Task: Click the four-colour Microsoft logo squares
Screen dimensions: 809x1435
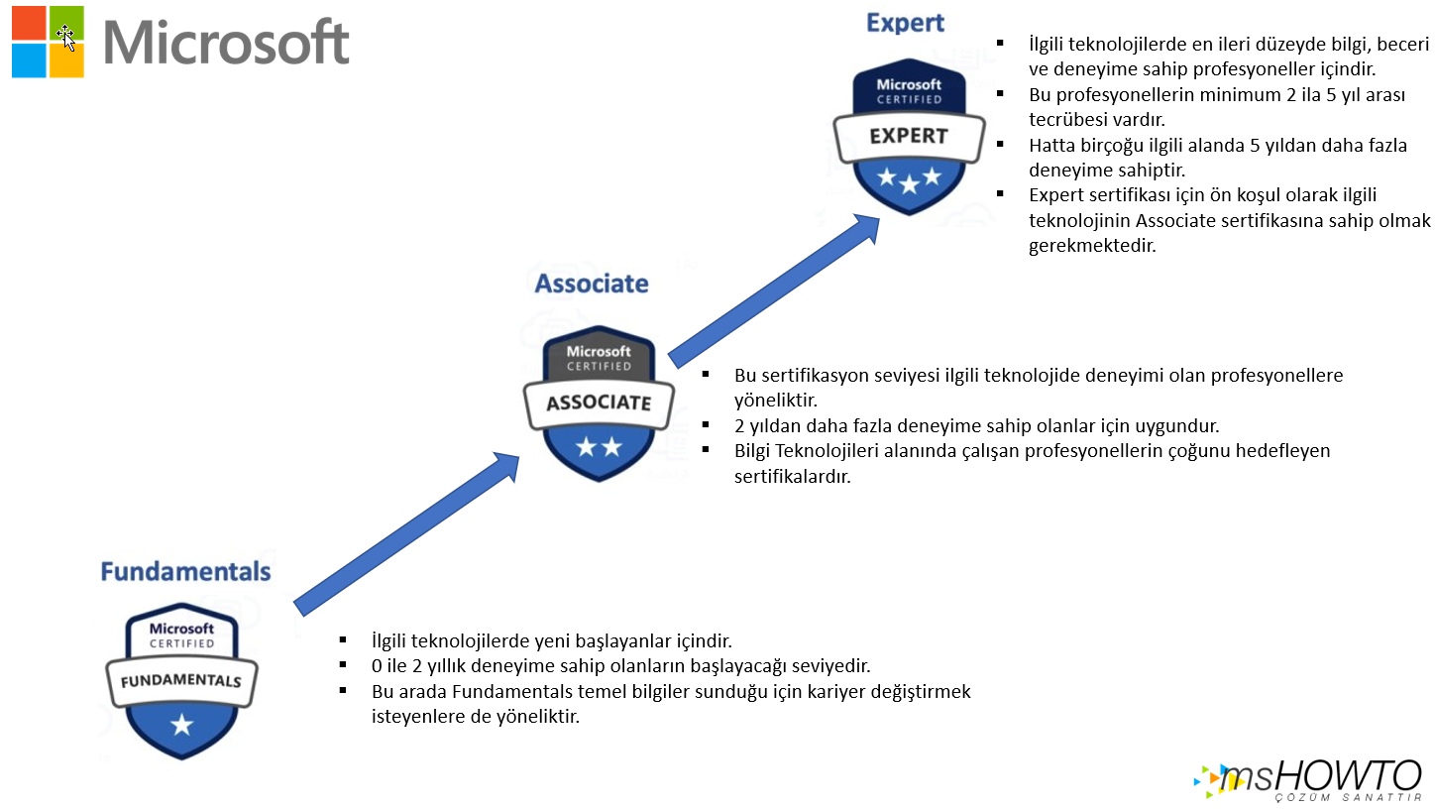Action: (48, 42)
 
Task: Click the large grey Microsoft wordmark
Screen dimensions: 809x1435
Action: (226, 42)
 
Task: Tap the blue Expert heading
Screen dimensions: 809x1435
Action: (905, 23)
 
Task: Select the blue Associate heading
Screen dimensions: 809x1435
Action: (592, 285)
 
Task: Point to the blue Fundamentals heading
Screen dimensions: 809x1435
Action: (185, 572)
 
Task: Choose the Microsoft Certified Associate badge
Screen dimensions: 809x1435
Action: (598, 403)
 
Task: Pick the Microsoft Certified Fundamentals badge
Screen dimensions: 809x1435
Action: (180, 680)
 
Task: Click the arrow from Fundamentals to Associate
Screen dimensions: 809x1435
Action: (407, 530)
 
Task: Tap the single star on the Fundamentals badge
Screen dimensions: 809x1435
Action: (181, 726)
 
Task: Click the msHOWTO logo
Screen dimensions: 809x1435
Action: (1309, 779)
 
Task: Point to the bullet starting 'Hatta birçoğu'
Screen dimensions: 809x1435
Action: (1218, 157)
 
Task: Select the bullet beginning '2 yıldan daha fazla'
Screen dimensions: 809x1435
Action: (976, 426)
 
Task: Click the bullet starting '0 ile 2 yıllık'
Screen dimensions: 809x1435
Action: (620, 665)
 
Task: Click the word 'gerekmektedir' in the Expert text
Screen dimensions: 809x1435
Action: (1092, 245)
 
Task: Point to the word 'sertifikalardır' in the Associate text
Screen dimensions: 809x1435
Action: (792, 476)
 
